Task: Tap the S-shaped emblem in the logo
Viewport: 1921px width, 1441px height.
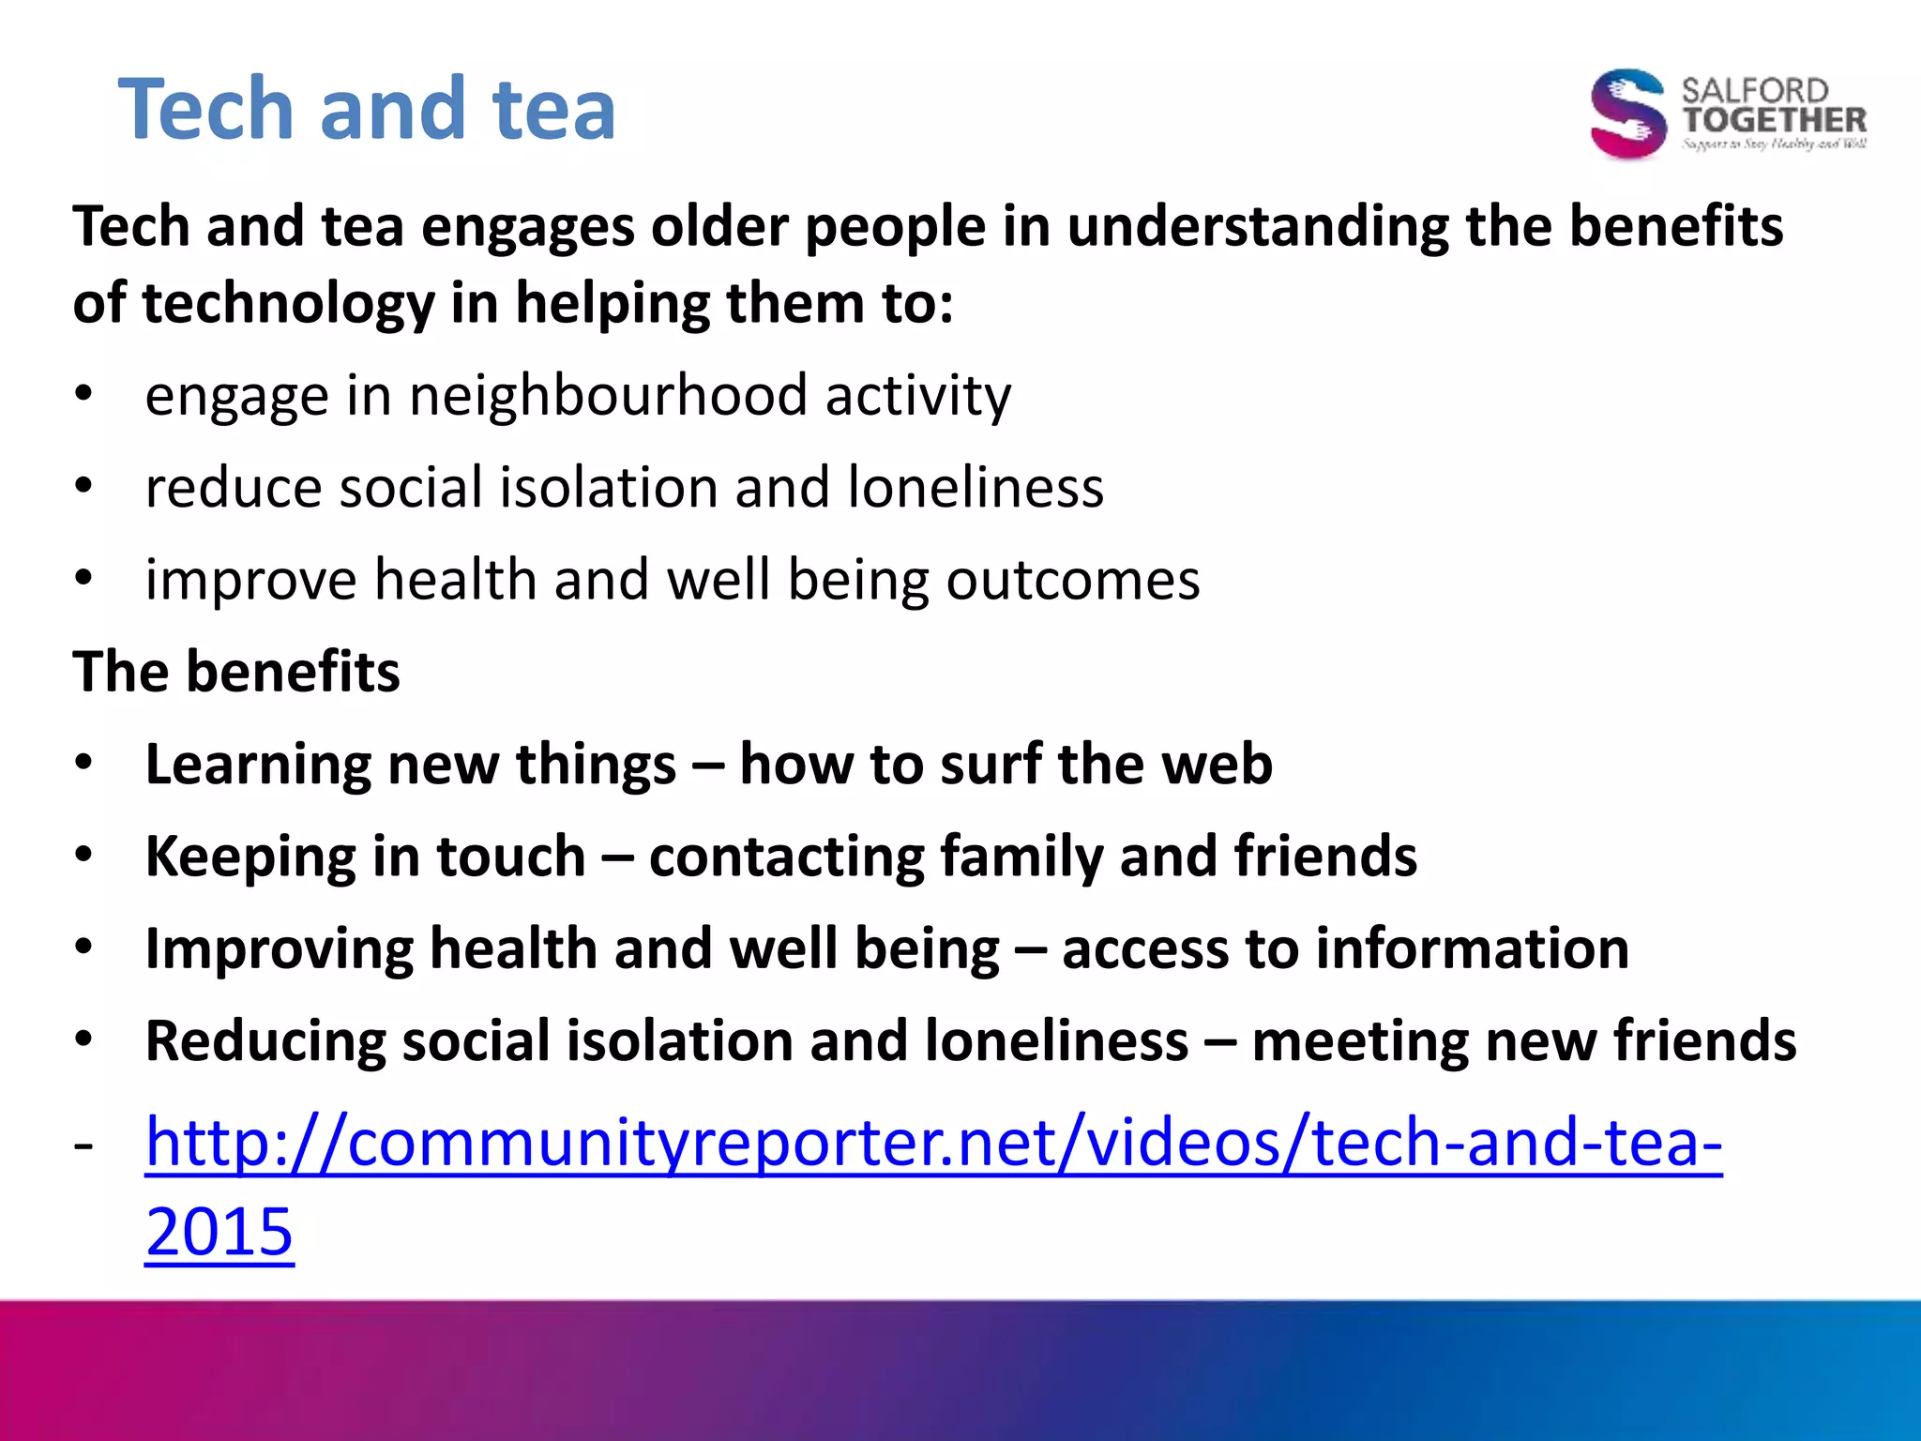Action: click(x=1628, y=114)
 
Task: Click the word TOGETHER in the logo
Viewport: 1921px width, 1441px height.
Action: click(x=1774, y=120)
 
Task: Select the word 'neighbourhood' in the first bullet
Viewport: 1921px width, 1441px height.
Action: click(x=608, y=395)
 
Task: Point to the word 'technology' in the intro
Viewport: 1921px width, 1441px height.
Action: click(x=289, y=304)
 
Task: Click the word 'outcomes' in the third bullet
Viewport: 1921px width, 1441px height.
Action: click(x=1072, y=580)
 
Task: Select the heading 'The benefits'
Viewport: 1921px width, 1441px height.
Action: click(x=236, y=672)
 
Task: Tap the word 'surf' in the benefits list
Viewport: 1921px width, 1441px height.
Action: click(x=991, y=764)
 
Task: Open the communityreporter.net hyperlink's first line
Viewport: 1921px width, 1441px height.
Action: click(x=933, y=1143)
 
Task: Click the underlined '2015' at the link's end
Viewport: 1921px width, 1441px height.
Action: click(x=219, y=1231)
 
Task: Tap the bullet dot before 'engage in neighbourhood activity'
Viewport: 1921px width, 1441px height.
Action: click(x=84, y=395)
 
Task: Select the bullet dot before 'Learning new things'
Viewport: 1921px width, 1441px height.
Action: click(x=84, y=764)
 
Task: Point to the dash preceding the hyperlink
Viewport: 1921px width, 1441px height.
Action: click(x=84, y=1145)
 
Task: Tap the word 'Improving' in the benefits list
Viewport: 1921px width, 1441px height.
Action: click(x=279, y=948)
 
